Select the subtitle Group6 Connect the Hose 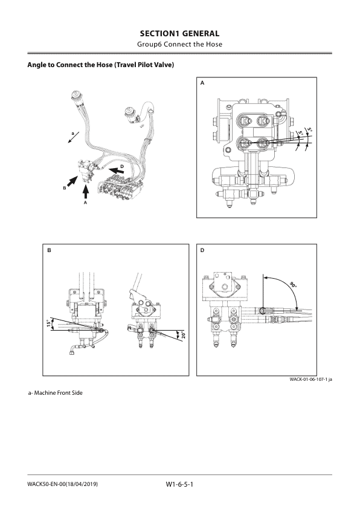(179, 45)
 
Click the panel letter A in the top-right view (202, 86)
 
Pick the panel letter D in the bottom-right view (202, 249)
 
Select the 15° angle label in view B (48, 324)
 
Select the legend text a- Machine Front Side (56, 393)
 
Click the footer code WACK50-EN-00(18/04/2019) (63, 484)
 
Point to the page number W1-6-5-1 (178, 484)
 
